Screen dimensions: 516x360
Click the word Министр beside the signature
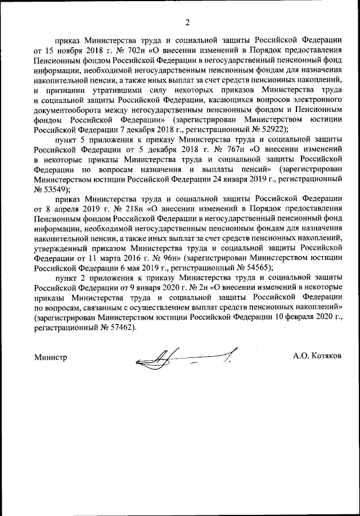click(x=50, y=357)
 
